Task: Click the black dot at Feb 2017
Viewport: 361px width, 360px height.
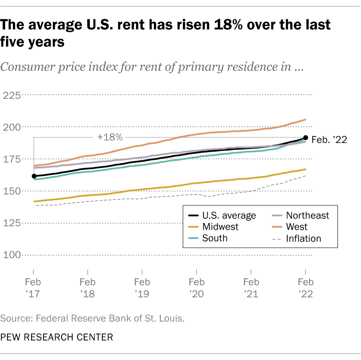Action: pyautogui.click(x=34, y=176)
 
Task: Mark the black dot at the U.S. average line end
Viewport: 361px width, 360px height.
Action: pyautogui.click(x=306, y=137)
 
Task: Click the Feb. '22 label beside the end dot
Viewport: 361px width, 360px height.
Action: pyautogui.click(x=329, y=139)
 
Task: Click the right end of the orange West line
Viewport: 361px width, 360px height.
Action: pyautogui.click(x=306, y=119)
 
